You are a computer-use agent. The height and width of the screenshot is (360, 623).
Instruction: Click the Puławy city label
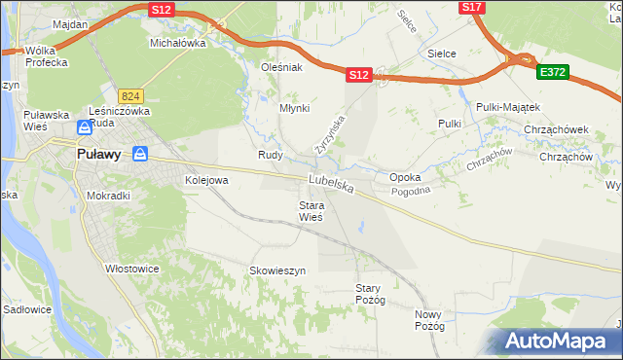(99, 154)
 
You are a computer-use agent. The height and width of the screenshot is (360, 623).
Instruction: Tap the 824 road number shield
(131, 96)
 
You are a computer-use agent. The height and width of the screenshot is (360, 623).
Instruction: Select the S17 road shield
(471, 7)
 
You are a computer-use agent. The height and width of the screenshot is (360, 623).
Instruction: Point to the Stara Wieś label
(311, 211)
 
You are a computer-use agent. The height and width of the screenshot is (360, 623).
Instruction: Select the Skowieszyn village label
(277, 270)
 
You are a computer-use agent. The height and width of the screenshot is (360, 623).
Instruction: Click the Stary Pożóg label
(371, 294)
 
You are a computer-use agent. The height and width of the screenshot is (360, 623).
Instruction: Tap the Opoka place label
(404, 178)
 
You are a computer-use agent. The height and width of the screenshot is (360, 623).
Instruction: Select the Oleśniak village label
(283, 67)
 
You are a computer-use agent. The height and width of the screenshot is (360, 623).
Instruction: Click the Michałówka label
(177, 44)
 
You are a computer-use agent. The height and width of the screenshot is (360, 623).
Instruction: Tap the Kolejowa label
(206, 180)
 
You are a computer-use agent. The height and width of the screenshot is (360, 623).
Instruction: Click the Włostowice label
(132, 269)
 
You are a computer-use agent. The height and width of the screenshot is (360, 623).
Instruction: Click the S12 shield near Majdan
(162, 9)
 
